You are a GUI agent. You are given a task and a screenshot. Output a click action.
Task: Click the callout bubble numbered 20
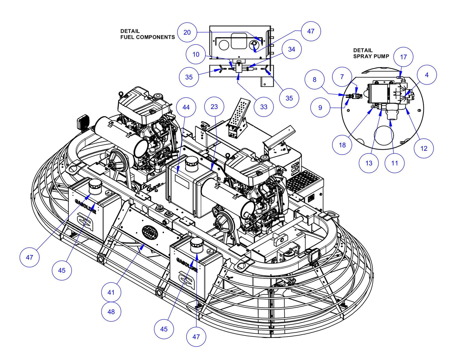(187, 32)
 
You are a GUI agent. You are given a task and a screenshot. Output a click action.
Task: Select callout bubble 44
(186, 107)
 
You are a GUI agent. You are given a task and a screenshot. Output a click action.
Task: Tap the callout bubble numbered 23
(214, 107)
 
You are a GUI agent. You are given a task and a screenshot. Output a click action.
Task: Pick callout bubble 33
(264, 107)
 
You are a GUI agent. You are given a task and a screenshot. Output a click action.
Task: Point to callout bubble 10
(196, 54)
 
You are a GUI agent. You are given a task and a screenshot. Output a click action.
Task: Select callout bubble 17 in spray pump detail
(403, 57)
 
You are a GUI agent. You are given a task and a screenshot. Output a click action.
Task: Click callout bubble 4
(427, 75)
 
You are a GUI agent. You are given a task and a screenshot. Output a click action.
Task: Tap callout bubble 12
(424, 148)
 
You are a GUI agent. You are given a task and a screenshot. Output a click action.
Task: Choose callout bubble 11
(394, 163)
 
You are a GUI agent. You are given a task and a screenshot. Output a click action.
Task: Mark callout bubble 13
(369, 163)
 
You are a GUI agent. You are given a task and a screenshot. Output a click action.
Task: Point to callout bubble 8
(314, 79)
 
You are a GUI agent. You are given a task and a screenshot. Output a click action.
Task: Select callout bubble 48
(111, 312)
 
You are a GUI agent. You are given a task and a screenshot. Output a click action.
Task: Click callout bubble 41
(111, 292)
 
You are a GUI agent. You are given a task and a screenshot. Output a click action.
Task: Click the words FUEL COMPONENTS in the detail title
(147, 37)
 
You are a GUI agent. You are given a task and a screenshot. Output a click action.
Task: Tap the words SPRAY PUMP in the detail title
(371, 56)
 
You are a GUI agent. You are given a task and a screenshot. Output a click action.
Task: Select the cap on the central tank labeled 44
(191, 163)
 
